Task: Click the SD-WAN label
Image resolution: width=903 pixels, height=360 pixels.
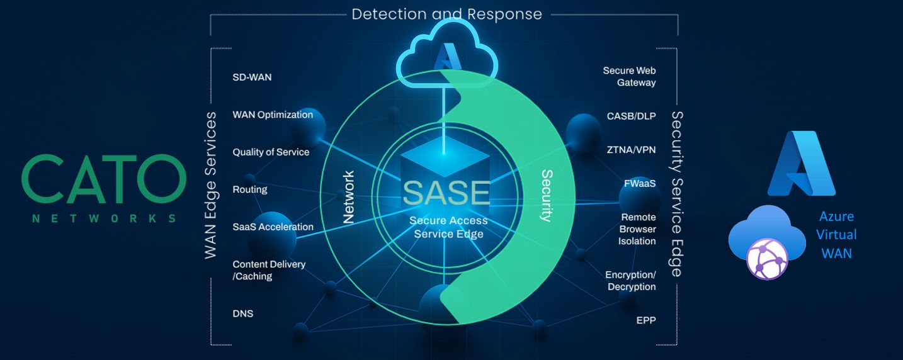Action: (252, 77)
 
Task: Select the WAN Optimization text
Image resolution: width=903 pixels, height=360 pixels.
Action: (273, 115)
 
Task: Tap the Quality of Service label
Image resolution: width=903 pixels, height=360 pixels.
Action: (271, 152)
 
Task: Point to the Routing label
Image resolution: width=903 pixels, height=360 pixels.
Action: (250, 189)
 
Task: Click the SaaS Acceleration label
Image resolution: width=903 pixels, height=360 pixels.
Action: (273, 227)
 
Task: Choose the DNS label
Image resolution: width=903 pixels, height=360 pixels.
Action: (243, 313)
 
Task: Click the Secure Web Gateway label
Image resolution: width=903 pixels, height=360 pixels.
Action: (629, 77)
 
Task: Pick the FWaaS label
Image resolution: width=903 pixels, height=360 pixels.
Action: (640, 184)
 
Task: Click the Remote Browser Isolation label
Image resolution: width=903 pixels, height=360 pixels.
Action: (637, 229)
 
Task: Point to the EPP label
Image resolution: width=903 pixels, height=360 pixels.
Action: (646, 320)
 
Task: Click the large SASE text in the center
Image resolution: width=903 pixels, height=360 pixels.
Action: (446, 193)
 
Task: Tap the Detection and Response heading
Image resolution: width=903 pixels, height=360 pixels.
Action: (446, 14)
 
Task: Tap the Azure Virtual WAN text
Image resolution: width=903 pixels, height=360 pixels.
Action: (837, 234)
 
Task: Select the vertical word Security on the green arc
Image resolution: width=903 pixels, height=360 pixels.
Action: (547, 196)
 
